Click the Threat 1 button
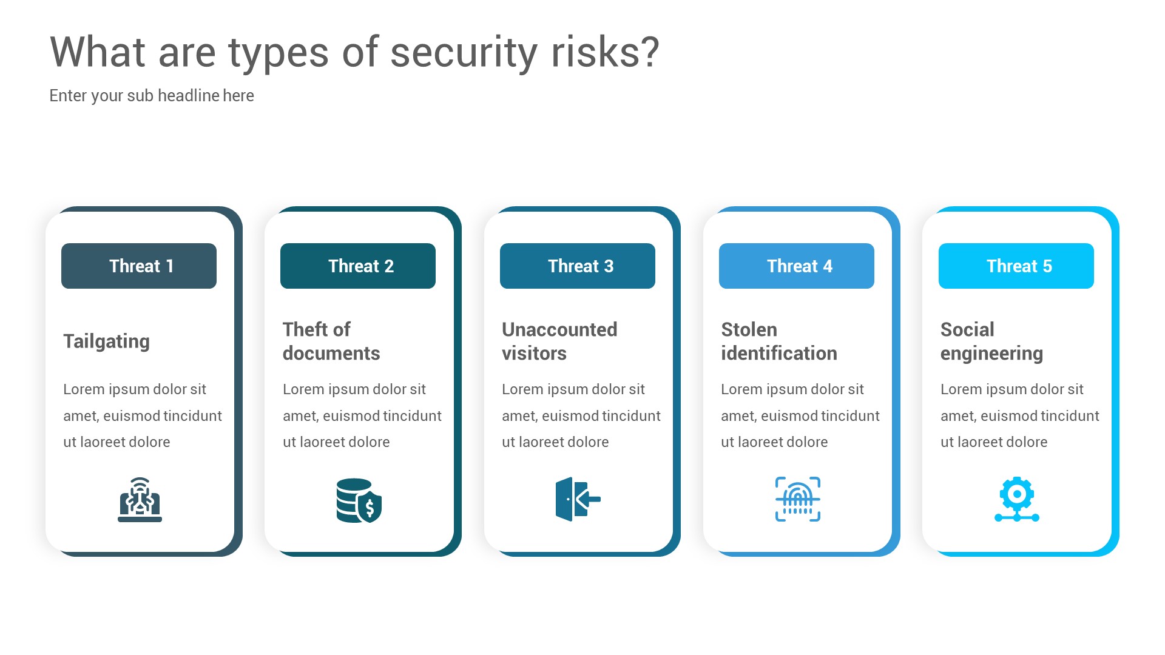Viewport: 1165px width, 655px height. [139, 266]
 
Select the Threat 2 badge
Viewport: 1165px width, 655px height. [358, 266]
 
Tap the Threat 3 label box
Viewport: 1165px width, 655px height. [577, 266]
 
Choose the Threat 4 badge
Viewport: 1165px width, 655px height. [796, 266]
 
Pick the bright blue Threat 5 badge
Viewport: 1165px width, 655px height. [1016, 266]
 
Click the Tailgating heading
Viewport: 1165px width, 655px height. [106, 341]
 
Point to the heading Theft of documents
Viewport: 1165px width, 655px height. [331, 341]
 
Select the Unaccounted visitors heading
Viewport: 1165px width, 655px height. [559, 341]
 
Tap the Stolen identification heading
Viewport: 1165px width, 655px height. [778, 341]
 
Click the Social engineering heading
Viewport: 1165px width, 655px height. [991, 341]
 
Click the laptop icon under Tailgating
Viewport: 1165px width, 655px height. [140, 500]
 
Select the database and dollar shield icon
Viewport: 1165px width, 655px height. [359, 500]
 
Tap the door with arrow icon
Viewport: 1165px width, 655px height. [578, 499]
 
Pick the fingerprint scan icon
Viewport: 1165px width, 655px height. [797, 499]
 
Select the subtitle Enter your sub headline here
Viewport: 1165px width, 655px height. [152, 96]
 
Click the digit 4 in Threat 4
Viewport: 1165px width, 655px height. [828, 266]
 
